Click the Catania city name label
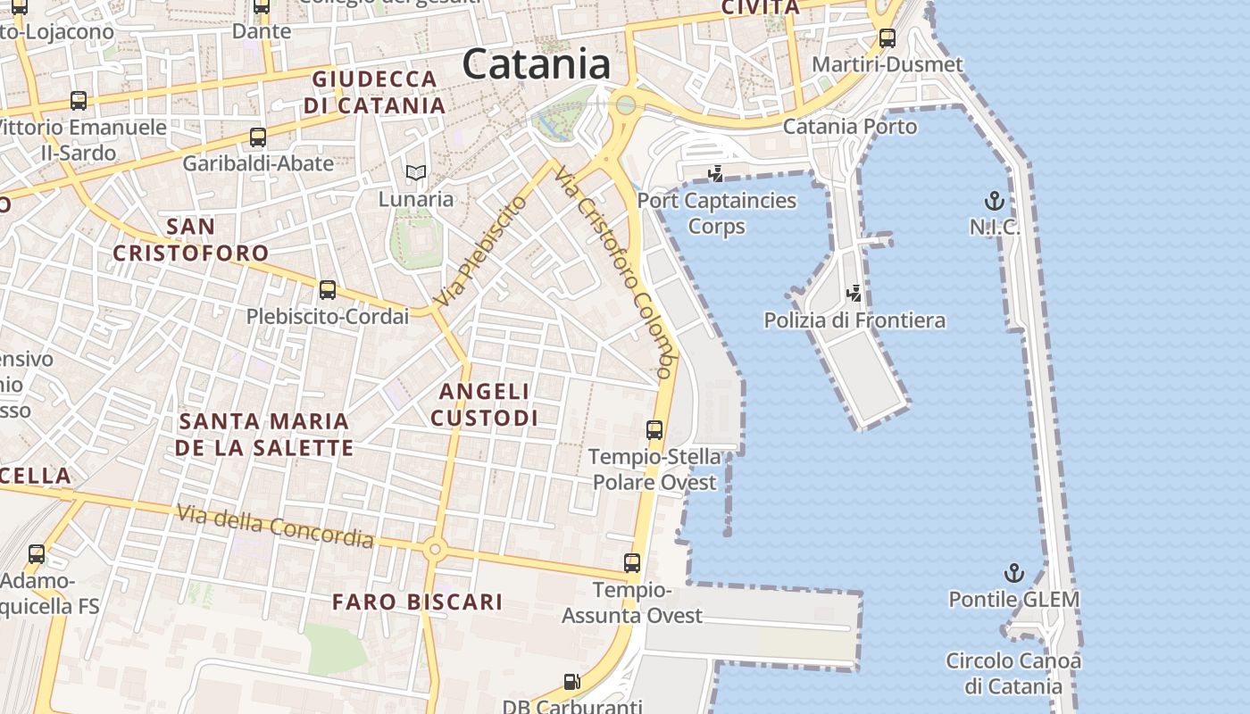[537, 64]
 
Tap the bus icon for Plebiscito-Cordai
[328, 290]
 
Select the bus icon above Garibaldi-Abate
[258, 137]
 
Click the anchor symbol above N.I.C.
[994, 201]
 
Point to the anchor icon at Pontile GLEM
[1013, 573]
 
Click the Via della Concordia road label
[275, 526]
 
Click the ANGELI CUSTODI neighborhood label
[485, 404]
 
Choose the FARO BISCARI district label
[418, 602]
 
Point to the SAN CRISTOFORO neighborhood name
[191, 240]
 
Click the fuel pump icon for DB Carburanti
[572, 683]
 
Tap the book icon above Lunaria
[416, 172]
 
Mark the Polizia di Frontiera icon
[854, 293]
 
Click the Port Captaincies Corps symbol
[714, 173]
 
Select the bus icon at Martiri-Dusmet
[887, 38]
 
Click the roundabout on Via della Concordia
[435, 549]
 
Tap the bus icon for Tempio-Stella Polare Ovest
[654, 430]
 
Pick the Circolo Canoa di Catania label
[1013, 674]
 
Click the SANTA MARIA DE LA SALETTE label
[264, 434]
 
